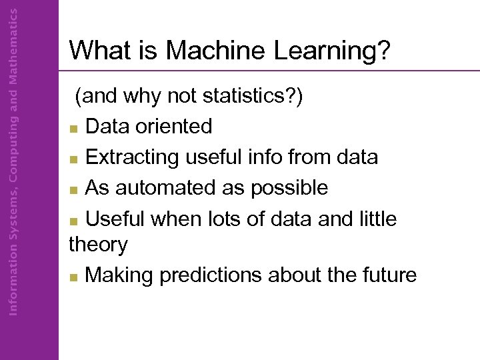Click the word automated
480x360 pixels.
(167, 189)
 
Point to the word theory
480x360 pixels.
(98, 245)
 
